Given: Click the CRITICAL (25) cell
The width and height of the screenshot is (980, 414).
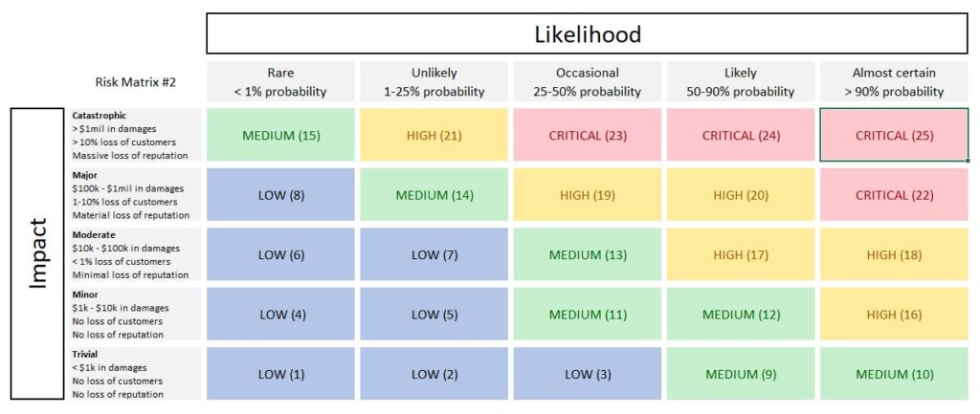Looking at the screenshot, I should coord(894,135).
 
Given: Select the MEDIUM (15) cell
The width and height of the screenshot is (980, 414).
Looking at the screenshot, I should coord(280,135).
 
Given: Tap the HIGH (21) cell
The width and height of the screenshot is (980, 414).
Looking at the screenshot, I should coord(434,135).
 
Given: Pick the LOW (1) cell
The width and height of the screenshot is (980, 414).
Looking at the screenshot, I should coord(280,374).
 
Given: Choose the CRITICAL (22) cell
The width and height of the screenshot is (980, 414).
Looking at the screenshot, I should coord(894,195).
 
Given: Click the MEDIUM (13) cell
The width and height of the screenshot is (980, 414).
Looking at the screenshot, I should coord(587,254).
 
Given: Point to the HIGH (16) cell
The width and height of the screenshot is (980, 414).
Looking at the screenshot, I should coord(894,315).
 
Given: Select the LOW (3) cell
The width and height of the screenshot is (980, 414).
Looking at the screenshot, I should coord(587,374).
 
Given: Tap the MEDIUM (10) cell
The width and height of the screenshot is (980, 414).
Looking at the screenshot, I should coord(894,374).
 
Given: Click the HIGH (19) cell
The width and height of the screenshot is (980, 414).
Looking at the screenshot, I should coord(587,195).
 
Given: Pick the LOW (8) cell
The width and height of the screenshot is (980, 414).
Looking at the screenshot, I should coord(280,195).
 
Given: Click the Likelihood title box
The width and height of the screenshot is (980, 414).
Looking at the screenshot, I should coord(587,34).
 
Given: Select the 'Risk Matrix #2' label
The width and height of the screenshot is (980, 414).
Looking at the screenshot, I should coord(135,83).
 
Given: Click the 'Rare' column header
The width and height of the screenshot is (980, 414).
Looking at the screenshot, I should coord(280,82).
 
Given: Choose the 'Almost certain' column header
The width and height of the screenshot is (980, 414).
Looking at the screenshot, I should coord(894,82).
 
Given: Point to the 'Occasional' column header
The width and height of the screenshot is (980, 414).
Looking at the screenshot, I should coord(587,82).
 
